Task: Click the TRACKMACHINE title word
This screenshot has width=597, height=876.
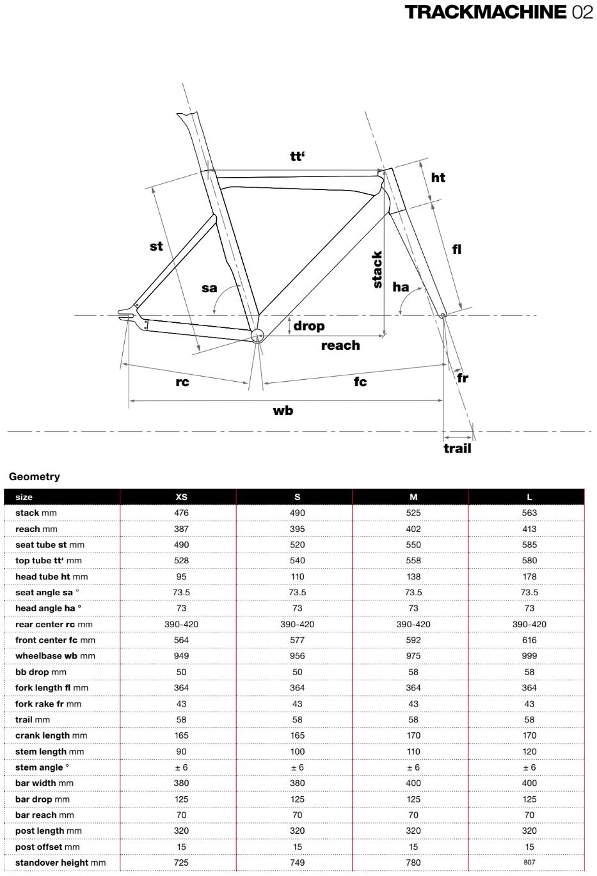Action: point(486,12)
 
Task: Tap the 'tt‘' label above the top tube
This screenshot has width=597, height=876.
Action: point(297,156)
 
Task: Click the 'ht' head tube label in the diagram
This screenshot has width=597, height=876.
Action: point(438,178)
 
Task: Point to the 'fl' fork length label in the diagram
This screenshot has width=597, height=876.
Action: point(456,249)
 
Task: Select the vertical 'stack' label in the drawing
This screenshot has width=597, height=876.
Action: point(378,269)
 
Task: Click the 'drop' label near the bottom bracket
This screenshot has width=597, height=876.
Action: point(309,326)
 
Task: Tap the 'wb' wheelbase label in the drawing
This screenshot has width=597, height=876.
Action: point(283,411)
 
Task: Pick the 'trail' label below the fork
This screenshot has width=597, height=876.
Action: point(457,448)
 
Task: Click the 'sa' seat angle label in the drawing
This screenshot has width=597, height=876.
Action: point(209,288)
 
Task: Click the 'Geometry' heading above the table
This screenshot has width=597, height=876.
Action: point(35,476)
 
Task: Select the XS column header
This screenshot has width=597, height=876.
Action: point(182,497)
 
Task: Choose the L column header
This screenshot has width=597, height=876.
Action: point(529,497)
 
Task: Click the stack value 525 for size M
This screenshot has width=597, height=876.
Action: point(413,513)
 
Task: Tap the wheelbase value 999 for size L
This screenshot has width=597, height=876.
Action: point(529,656)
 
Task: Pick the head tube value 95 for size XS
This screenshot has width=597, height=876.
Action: point(182,577)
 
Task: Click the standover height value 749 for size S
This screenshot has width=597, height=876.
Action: point(298,863)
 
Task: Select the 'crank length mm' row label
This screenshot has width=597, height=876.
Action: point(51,735)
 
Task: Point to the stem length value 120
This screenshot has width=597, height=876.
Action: point(529,751)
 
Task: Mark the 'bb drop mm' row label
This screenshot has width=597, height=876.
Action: point(41,672)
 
